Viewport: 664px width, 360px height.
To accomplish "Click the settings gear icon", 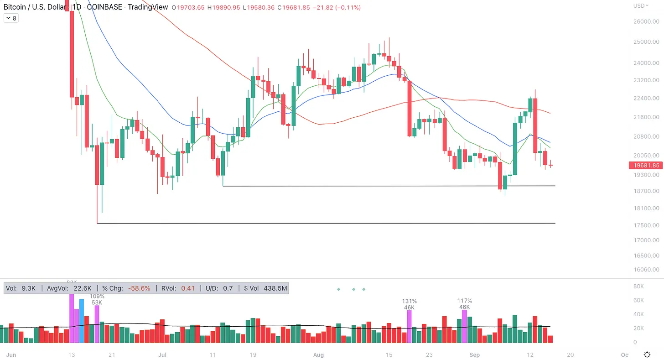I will (x=647, y=355).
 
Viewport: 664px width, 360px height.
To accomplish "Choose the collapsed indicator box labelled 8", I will (x=11, y=18).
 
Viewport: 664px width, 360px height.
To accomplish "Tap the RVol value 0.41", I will (x=188, y=288).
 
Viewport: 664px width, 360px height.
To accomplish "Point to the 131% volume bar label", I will (x=409, y=301).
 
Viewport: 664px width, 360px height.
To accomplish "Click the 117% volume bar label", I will (x=465, y=301).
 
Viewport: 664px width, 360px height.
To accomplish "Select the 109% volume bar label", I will (x=97, y=296).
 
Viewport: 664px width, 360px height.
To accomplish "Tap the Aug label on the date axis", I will (x=319, y=355).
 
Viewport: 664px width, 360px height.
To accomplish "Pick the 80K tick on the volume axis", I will (x=638, y=287).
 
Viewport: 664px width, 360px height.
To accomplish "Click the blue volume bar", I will (x=82, y=321).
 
